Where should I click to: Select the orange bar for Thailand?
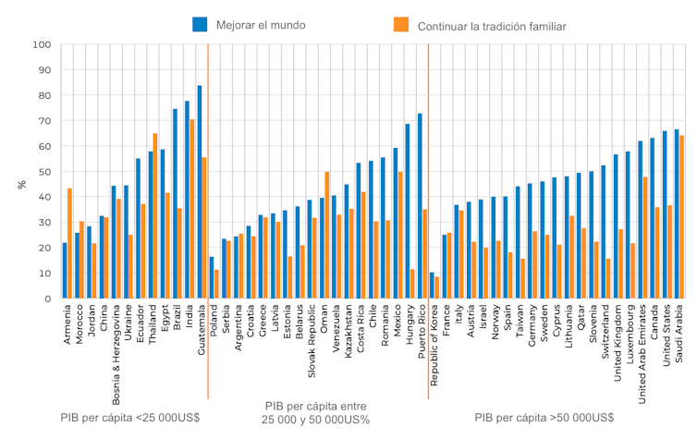click(x=155, y=216)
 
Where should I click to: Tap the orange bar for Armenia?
click(x=69, y=243)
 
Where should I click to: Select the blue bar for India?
click(x=187, y=200)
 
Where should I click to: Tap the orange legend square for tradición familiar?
click(x=399, y=24)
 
